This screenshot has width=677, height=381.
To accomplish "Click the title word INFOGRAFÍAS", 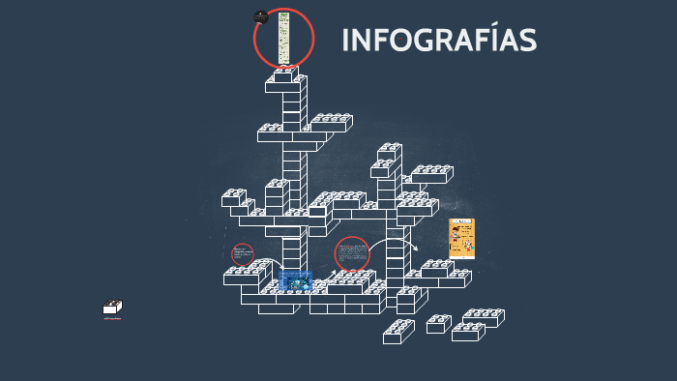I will pyautogui.click(x=439, y=41).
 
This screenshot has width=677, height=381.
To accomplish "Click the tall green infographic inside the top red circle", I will pyautogui.click(x=284, y=39).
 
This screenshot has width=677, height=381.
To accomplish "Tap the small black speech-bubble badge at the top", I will pyautogui.click(x=260, y=16).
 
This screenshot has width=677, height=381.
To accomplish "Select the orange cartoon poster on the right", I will pyautogui.click(x=461, y=239).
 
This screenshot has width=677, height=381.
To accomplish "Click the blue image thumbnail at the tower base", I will pyautogui.click(x=295, y=280).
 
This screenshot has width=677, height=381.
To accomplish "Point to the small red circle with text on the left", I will pyautogui.click(x=243, y=254).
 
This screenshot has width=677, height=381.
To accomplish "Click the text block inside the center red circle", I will pyautogui.click(x=352, y=254).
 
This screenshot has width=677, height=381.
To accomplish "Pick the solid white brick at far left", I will pyautogui.click(x=112, y=308).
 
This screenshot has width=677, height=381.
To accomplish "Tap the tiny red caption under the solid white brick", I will pyautogui.click(x=112, y=318).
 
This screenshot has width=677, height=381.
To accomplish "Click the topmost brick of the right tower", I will pyautogui.click(x=389, y=152).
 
